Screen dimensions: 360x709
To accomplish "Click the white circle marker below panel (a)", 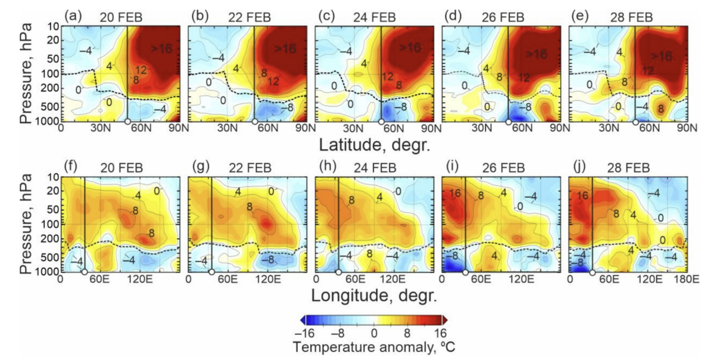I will [x=127, y=122].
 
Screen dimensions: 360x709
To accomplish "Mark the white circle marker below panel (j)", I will [x=592, y=272].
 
